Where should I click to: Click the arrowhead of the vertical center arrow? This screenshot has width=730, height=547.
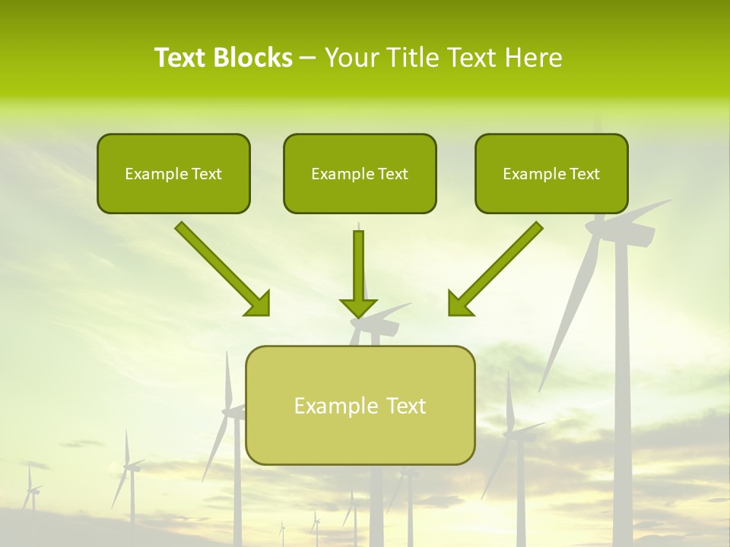358,307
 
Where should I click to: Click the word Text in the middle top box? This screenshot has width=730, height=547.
393,174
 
